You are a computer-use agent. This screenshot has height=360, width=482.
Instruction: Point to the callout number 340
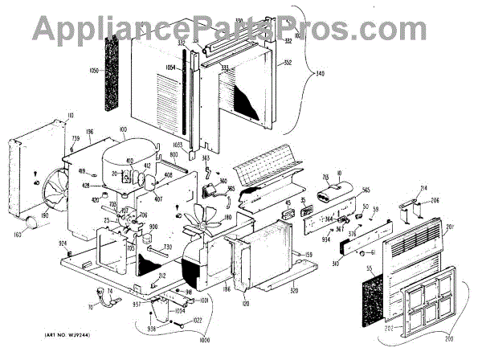pos(321,74)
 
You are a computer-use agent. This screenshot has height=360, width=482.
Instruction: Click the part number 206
pos(434,201)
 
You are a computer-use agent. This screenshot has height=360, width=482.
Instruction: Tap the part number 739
pos(75,139)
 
